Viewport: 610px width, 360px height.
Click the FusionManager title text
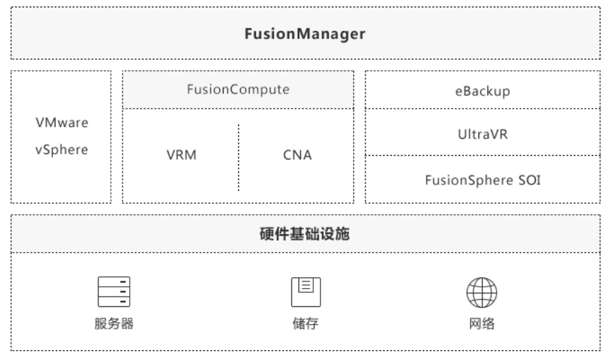(x=304, y=34)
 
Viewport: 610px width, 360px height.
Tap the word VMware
(x=62, y=123)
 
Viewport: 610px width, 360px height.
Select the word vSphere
(x=62, y=150)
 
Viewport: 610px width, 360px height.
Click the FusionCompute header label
(x=238, y=90)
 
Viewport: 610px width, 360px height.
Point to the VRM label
(x=181, y=155)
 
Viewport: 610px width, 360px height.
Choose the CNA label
(x=297, y=155)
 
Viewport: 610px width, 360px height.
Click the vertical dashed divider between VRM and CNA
(x=238, y=158)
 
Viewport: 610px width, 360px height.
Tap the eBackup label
(x=483, y=91)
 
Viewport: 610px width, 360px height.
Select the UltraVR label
(x=483, y=135)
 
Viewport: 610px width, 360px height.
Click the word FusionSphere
(x=469, y=180)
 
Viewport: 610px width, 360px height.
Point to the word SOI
(x=529, y=180)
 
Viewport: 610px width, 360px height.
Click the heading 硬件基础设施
(x=304, y=234)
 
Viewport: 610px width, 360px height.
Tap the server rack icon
(x=114, y=292)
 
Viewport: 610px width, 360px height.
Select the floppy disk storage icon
(x=306, y=292)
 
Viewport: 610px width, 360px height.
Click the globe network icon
(x=481, y=292)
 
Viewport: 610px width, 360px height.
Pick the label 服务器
(x=114, y=323)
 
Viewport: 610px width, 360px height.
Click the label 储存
(x=306, y=323)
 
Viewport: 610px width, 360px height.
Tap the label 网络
(x=481, y=323)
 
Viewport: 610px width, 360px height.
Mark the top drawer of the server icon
(x=114, y=282)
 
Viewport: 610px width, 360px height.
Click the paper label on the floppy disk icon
(x=306, y=285)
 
